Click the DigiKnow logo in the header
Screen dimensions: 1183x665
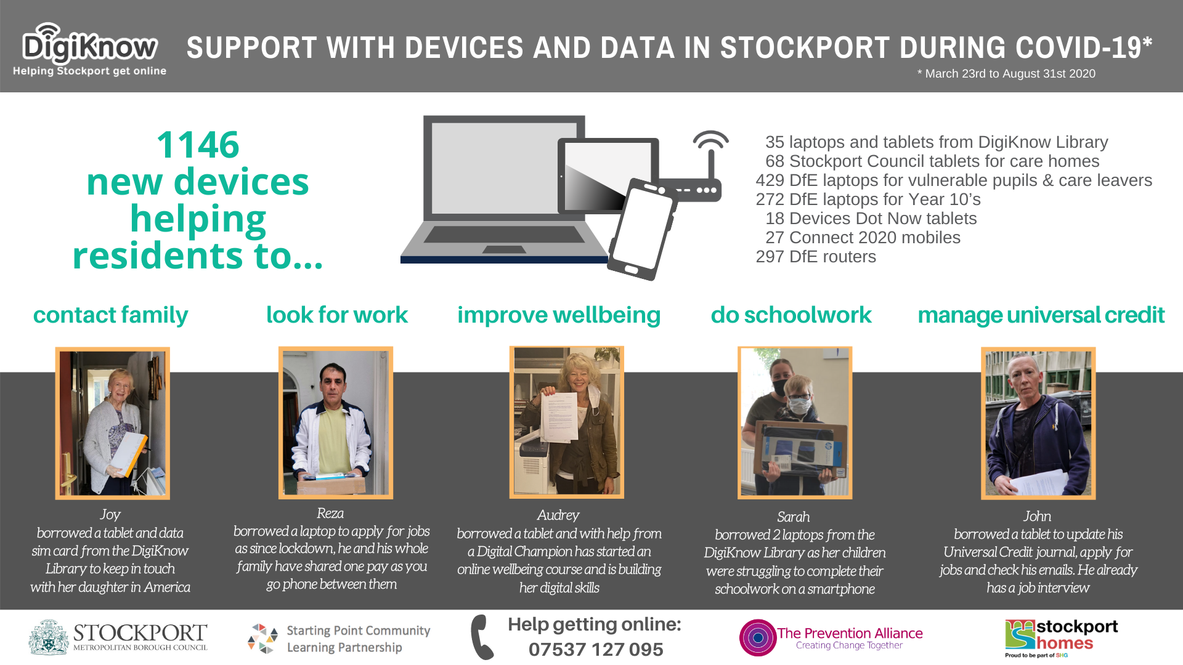(90, 49)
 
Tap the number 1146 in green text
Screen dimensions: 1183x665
(198, 145)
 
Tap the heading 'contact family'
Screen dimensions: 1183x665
(110, 315)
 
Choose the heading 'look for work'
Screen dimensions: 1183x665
(337, 315)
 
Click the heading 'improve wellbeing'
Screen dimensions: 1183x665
(559, 315)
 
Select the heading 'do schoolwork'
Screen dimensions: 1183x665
(791, 315)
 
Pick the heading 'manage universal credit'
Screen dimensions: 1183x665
(1041, 315)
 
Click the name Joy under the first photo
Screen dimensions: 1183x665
(110, 515)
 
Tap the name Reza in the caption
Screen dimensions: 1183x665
(330, 513)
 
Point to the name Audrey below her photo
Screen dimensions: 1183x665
(558, 515)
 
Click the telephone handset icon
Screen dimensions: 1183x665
(482, 637)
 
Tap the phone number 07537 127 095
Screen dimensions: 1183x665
(596, 649)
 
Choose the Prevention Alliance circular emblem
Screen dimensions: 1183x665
(758, 637)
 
